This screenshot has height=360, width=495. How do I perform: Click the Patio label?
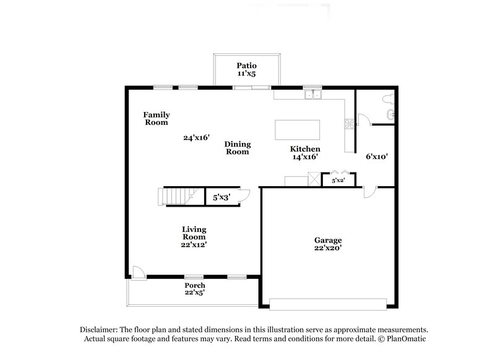tap(246, 65)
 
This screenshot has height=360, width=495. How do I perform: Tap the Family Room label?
tap(157, 118)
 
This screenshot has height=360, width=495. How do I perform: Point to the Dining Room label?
tap(237, 147)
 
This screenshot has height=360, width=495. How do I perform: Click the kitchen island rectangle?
tap(298, 131)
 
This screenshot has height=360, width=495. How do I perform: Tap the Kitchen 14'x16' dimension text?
tap(305, 157)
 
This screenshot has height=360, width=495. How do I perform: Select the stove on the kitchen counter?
tap(349, 123)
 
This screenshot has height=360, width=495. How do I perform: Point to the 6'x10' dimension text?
tap(376, 156)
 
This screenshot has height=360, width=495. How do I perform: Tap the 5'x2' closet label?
tap(338, 181)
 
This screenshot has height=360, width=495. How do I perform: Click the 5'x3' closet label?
tap(221, 198)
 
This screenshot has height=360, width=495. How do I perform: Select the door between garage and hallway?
tap(368, 192)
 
